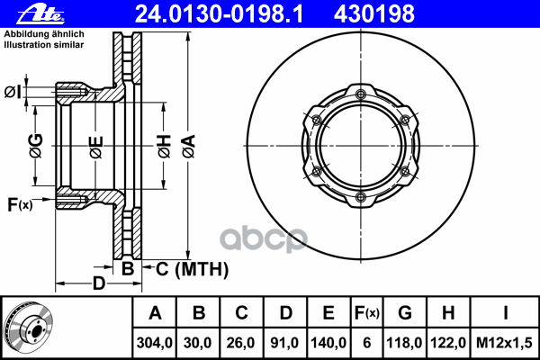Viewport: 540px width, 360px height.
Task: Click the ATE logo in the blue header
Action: (x=40, y=14)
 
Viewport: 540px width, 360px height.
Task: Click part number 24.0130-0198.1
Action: (x=219, y=14)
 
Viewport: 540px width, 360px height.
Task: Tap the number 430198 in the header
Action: (x=374, y=14)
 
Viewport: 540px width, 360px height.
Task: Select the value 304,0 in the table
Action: (x=154, y=343)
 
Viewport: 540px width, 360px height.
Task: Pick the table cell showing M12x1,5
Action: (x=504, y=343)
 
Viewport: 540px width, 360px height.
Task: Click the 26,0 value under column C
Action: (x=240, y=343)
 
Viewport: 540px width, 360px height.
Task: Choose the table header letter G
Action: (x=405, y=313)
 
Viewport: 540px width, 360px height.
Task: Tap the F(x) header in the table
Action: (x=366, y=313)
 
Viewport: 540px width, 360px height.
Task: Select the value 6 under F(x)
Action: (x=367, y=343)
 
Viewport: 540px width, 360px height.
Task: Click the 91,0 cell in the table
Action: (x=284, y=343)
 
